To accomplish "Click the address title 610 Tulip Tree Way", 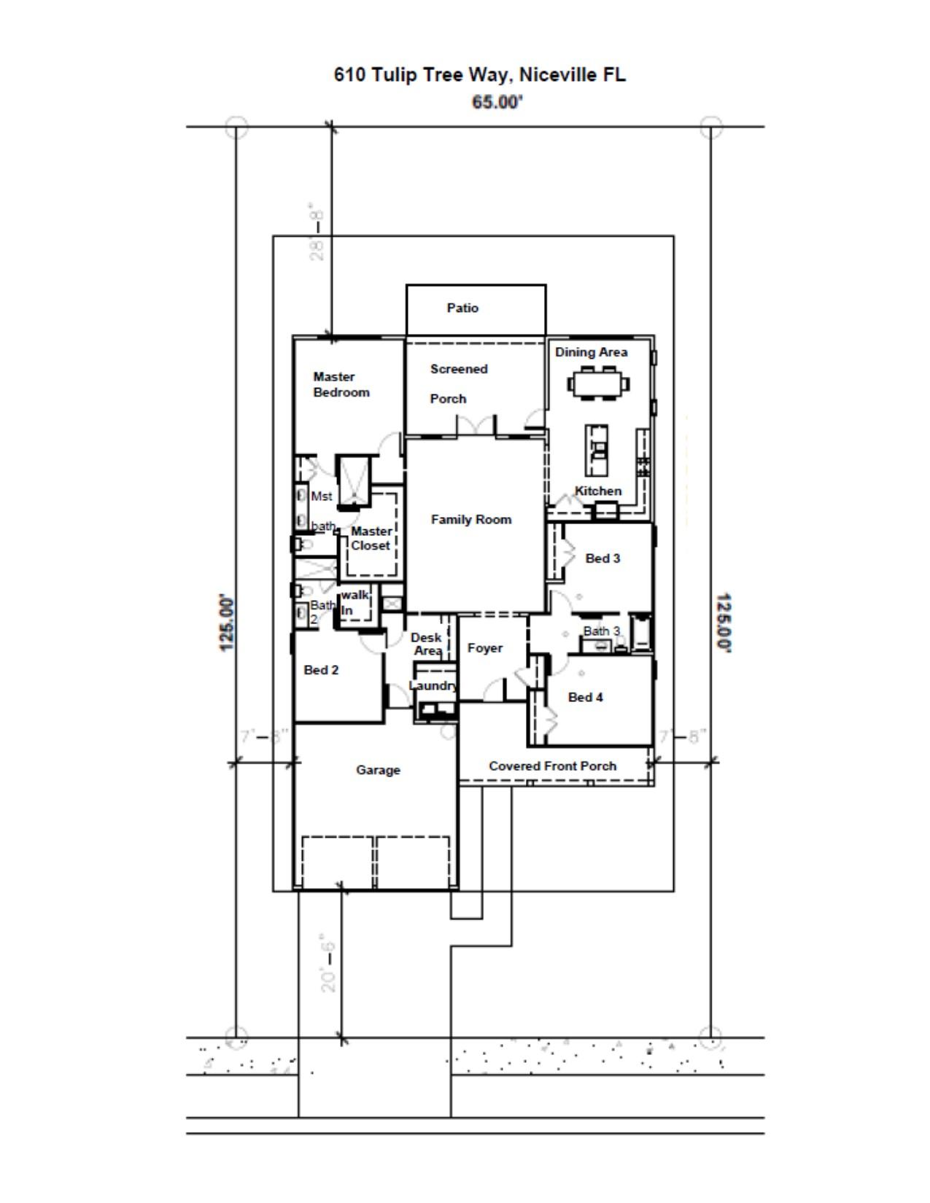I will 479,75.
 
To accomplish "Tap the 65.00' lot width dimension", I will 497,102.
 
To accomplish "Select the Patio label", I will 462,308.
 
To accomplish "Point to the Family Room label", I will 471,520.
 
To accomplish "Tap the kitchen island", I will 597,451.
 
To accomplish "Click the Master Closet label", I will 371,539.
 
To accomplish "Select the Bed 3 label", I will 602,558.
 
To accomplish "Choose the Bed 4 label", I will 585,698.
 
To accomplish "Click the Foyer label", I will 485,648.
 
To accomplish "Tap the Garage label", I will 378,770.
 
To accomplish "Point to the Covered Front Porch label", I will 552,766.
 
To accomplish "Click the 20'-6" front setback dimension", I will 329,962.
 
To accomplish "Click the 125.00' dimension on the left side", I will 228,622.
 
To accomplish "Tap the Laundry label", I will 433,686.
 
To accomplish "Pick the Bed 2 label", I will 321,670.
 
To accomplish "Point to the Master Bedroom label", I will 341,385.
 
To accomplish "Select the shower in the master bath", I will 354,480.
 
